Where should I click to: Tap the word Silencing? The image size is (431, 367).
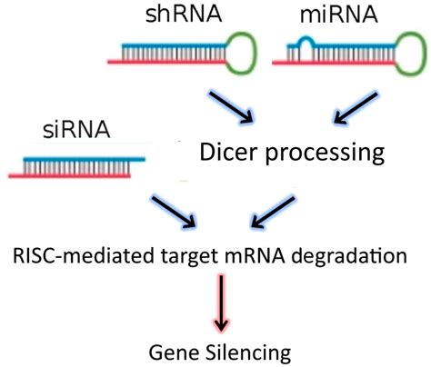[237, 349]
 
